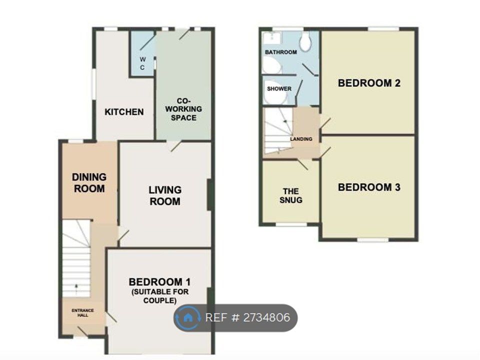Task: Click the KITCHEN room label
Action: [x=124, y=112]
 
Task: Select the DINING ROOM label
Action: [x=89, y=182]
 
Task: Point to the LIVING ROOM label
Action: [x=165, y=195]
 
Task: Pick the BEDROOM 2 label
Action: [x=369, y=83]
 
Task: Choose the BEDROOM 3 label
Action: [x=369, y=187]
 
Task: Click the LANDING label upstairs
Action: [x=301, y=139]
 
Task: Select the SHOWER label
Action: [x=279, y=89]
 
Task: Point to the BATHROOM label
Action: [x=280, y=52]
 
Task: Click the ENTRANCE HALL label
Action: [x=82, y=313]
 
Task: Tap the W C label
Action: [x=142, y=63]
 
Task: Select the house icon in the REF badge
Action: [x=188, y=317]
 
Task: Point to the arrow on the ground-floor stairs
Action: [x=76, y=287]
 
